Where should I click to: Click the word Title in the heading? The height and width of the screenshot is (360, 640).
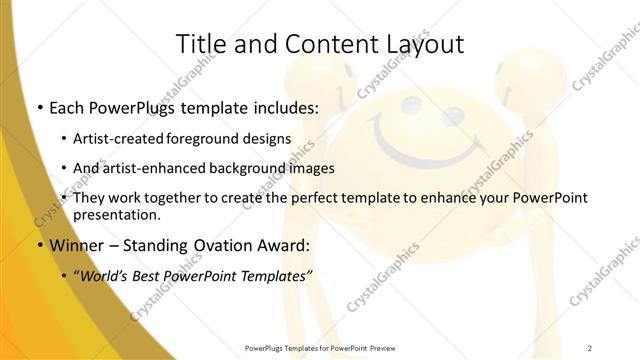coord(201,44)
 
